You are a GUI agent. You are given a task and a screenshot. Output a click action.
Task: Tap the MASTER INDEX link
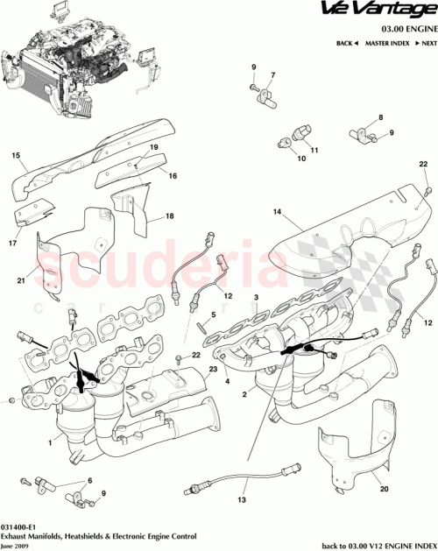pyautogui.click(x=388, y=43)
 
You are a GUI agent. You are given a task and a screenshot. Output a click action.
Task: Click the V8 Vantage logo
pyautogui.click(x=388, y=11)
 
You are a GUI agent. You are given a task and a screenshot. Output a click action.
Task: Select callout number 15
pyautogui.click(x=15, y=157)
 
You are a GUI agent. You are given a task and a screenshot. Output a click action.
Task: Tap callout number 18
pyautogui.click(x=169, y=215)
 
